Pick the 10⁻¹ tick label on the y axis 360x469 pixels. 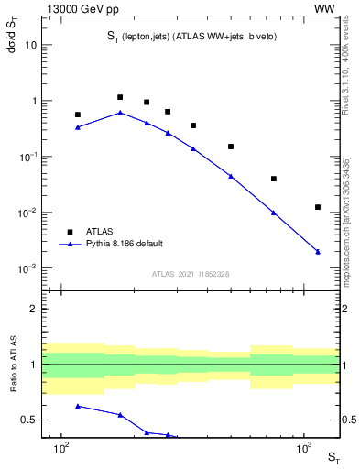coord(27,157)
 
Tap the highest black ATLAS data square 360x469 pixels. coord(120,97)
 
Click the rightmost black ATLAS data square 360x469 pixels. coord(318,207)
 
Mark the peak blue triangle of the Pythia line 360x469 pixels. coord(120,113)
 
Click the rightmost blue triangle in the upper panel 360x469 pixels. coord(318,251)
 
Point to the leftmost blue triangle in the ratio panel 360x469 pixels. coord(78,405)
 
